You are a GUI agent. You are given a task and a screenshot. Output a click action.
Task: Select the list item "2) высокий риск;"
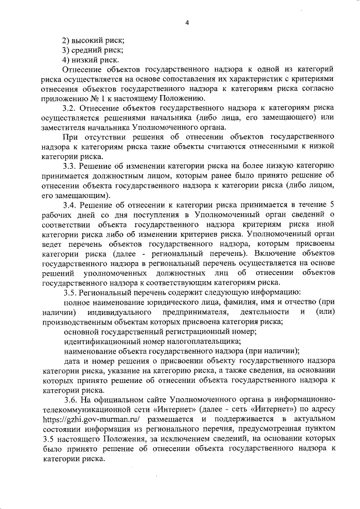93,40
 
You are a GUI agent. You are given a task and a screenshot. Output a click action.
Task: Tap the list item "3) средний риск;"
92,50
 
